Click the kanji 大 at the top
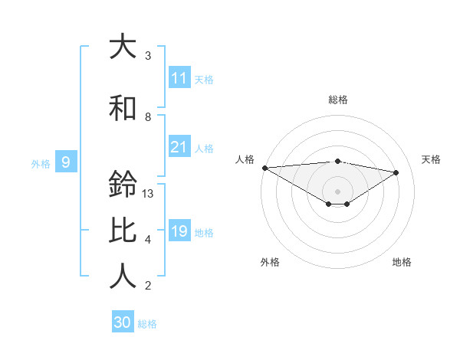pyautogui.click(x=123, y=47)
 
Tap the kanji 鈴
pyautogui.click(x=123, y=185)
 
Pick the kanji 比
pyautogui.click(x=123, y=231)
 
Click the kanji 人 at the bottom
pyautogui.click(x=123, y=277)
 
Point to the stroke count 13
pyautogui.click(x=148, y=194)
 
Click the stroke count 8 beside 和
pyautogui.click(x=148, y=117)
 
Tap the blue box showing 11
pyautogui.click(x=179, y=78)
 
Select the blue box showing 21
pyautogui.click(x=179, y=147)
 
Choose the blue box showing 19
pyautogui.click(x=179, y=231)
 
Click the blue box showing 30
pyautogui.click(x=123, y=322)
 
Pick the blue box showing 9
pyautogui.click(x=66, y=162)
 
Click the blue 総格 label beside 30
pyautogui.click(x=147, y=324)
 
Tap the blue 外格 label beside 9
pyautogui.click(x=41, y=163)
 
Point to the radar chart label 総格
pyautogui.click(x=337, y=100)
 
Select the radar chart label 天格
pyautogui.click(x=432, y=159)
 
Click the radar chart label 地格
pyautogui.click(x=402, y=262)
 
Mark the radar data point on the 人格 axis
pyautogui.click(x=264, y=167)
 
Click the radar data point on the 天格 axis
pyautogui.click(x=396, y=172)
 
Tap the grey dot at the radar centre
pyautogui.click(x=337, y=191)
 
